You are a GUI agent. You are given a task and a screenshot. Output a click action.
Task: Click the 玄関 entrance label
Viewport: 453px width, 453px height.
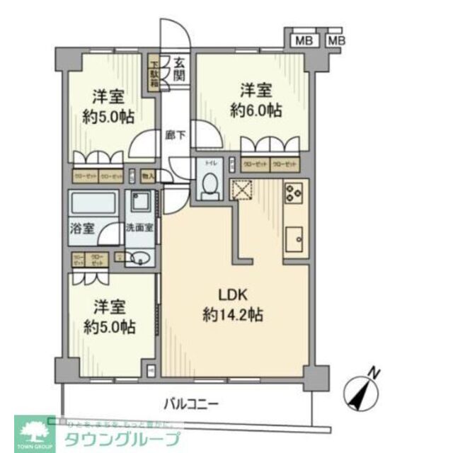tap(179, 69)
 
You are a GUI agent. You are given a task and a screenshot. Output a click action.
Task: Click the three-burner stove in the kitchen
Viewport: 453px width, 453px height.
tap(294, 193)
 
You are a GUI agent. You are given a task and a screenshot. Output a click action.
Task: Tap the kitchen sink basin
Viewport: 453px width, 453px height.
tap(294, 239)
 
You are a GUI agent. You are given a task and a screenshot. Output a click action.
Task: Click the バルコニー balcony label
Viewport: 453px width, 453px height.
tap(191, 404)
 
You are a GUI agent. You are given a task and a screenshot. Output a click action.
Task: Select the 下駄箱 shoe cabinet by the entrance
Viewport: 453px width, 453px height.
tap(154, 76)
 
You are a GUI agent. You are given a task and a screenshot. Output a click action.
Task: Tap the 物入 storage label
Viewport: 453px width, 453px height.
tap(147, 174)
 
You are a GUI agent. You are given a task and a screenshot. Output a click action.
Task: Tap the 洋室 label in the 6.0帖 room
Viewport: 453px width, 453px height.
tap(256, 91)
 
